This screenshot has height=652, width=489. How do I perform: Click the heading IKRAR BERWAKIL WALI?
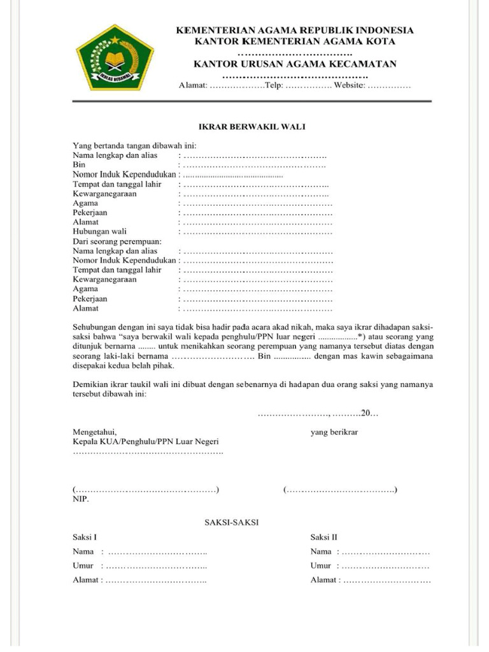point(252,127)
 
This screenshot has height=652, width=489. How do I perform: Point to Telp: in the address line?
point(274,85)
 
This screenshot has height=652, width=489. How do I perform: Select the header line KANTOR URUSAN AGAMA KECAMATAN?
point(295,64)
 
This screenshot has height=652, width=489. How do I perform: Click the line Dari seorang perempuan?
point(117,241)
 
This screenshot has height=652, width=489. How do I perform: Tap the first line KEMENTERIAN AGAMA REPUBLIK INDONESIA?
point(295,30)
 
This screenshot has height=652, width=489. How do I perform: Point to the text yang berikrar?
point(334,432)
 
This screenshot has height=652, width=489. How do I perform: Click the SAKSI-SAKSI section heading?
point(231,522)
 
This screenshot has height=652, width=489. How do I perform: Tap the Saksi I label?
point(85,537)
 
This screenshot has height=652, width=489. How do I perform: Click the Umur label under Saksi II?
point(321,565)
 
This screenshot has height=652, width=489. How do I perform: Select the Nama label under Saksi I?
point(83,551)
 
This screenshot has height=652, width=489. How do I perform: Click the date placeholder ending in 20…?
point(318,414)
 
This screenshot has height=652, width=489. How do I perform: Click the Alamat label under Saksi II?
point(323,580)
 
